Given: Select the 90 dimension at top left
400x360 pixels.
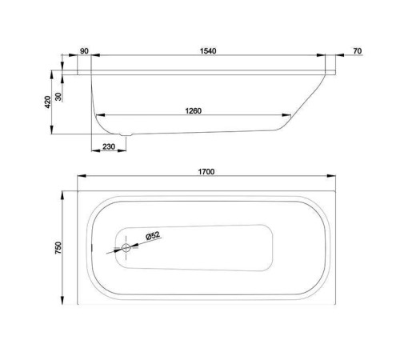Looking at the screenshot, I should (x=85, y=50).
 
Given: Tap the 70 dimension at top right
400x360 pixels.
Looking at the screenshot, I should (x=357, y=50).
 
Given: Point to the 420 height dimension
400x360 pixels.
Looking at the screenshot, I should (x=49, y=102).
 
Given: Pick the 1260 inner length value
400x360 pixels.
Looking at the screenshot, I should (x=190, y=110).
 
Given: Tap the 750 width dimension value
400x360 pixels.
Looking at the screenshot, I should (x=59, y=249).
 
